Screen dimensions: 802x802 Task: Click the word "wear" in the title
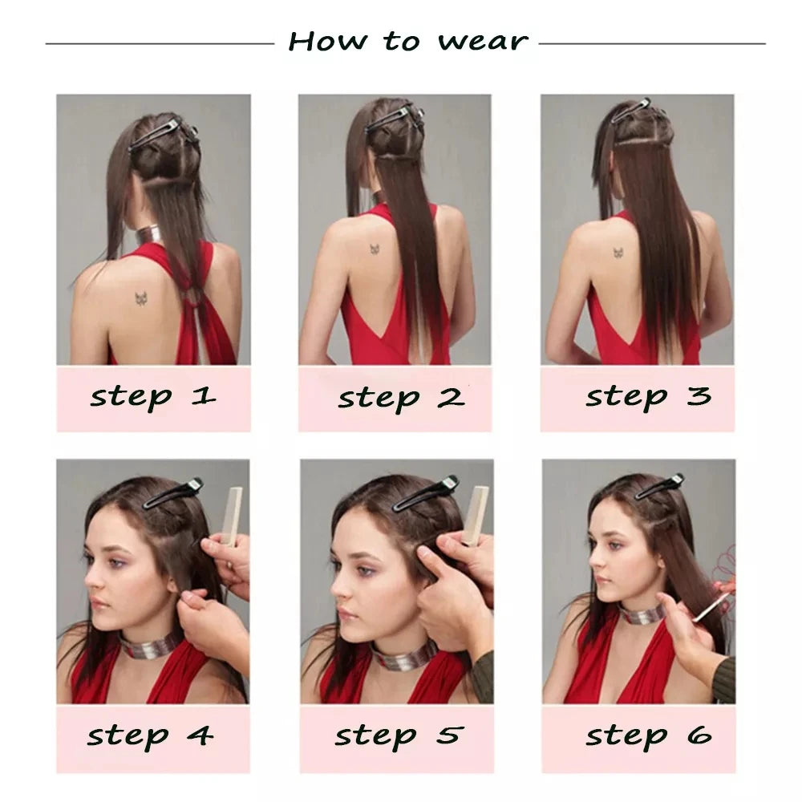(x=483, y=42)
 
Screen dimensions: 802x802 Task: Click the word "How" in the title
(x=328, y=41)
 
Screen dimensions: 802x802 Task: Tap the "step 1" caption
(x=152, y=397)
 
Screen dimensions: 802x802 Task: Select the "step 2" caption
(x=401, y=398)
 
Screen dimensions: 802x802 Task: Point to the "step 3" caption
(x=649, y=396)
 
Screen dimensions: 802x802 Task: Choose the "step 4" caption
(x=150, y=736)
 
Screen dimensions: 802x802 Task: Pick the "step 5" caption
(x=399, y=736)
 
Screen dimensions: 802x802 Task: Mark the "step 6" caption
(x=649, y=736)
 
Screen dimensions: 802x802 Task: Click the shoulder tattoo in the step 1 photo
(x=141, y=298)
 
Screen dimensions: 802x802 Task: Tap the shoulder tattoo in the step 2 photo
(x=375, y=249)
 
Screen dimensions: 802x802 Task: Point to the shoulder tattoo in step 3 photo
(x=618, y=252)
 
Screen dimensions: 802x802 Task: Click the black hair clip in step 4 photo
(x=172, y=492)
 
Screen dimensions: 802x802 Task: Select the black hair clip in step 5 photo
(x=425, y=493)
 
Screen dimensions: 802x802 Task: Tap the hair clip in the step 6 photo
(x=658, y=488)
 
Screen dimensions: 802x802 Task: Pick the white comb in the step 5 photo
(x=474, y=515)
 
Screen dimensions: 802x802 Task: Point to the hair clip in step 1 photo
(x=163, y=134)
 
